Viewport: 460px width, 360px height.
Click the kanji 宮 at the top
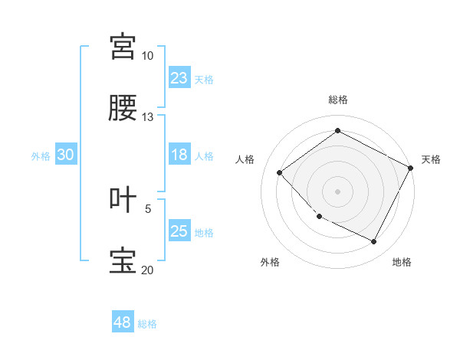tap(123, 47)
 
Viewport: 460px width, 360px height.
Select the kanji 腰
tap(123, 109)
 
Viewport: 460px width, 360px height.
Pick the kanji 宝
tap(123, 261)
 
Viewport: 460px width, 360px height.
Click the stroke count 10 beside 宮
tap(147, 56)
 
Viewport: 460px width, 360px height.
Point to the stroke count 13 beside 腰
tap(147, 117)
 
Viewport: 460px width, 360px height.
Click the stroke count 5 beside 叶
tap(149, 208)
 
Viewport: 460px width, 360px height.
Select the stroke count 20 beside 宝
tap(147, 270)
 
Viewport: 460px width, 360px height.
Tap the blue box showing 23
tap(179, 78)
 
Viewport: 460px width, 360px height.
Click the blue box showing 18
tap(179, 155)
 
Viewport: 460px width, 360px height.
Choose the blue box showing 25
tap(179, 231)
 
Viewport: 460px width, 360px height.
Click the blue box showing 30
tap(66, 155)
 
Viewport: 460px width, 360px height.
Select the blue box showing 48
tap(123, 322)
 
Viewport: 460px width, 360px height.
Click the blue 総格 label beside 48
tap(147, 324)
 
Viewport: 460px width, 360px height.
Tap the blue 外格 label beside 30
tap(41, 156)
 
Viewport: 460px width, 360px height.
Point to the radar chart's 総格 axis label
tap(338, 100)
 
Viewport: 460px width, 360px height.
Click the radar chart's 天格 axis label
tap(431, 159)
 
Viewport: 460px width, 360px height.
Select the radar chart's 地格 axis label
tap(402, 262)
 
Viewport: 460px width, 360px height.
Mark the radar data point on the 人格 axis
tap(280, 172)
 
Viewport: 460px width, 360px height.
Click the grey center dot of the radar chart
tap(338, 191)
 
